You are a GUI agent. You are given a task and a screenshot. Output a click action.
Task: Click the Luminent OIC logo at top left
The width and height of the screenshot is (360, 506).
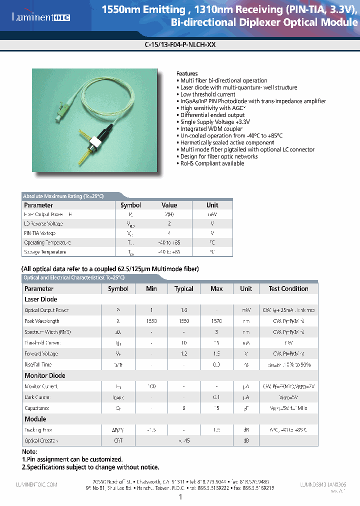point(41,17)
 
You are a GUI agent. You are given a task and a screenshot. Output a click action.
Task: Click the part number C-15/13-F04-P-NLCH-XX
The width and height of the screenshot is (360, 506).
point(179,44)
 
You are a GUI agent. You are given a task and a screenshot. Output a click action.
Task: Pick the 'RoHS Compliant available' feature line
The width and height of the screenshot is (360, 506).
point(212,163)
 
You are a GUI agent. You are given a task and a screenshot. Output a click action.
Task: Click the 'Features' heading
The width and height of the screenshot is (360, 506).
point(187,73)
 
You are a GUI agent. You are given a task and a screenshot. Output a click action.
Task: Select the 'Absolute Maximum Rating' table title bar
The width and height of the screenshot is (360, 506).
point(63,196)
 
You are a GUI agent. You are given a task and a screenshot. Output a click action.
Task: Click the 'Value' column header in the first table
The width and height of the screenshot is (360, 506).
point(169,205)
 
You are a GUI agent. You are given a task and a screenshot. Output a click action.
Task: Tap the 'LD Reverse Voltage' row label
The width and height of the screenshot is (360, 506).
point(43,224)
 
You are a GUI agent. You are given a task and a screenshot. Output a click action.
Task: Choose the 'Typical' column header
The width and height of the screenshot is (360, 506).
point(183,288)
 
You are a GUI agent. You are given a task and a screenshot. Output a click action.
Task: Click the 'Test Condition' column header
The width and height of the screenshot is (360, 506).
point(288,288)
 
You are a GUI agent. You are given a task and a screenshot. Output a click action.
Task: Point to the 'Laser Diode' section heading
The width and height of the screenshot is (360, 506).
point(41,299)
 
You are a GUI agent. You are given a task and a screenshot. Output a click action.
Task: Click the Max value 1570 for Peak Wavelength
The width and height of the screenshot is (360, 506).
point(216,321)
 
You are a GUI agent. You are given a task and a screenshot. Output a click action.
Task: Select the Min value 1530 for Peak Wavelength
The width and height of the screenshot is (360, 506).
point(151,321)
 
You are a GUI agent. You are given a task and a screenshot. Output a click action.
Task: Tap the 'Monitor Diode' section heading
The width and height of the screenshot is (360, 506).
point(45,375)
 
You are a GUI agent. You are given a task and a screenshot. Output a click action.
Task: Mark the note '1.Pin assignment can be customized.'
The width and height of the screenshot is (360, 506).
point(72,459)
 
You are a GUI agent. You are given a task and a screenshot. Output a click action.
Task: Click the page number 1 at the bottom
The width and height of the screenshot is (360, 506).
point(180,497)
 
